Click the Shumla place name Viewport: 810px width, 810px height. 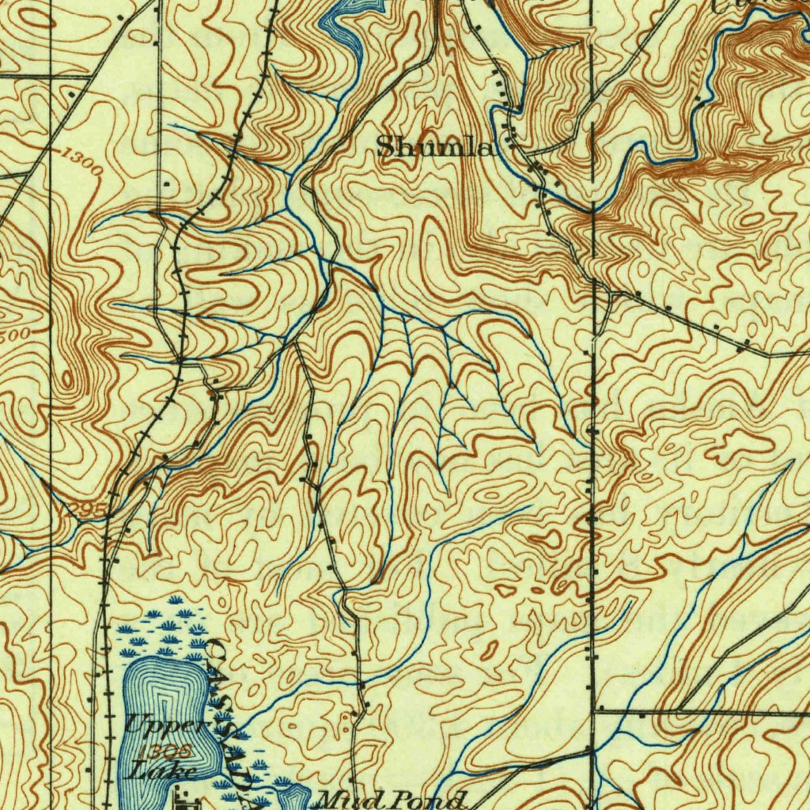(x=436, y=147)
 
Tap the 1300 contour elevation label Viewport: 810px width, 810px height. (x=82, y=160)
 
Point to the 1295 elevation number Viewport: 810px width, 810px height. (x=85, y=512)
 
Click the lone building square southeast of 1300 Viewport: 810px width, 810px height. (x=167, y=184)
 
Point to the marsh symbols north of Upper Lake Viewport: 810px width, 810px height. (x=166, y=629)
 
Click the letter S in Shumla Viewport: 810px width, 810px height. (x=385, y=147)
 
